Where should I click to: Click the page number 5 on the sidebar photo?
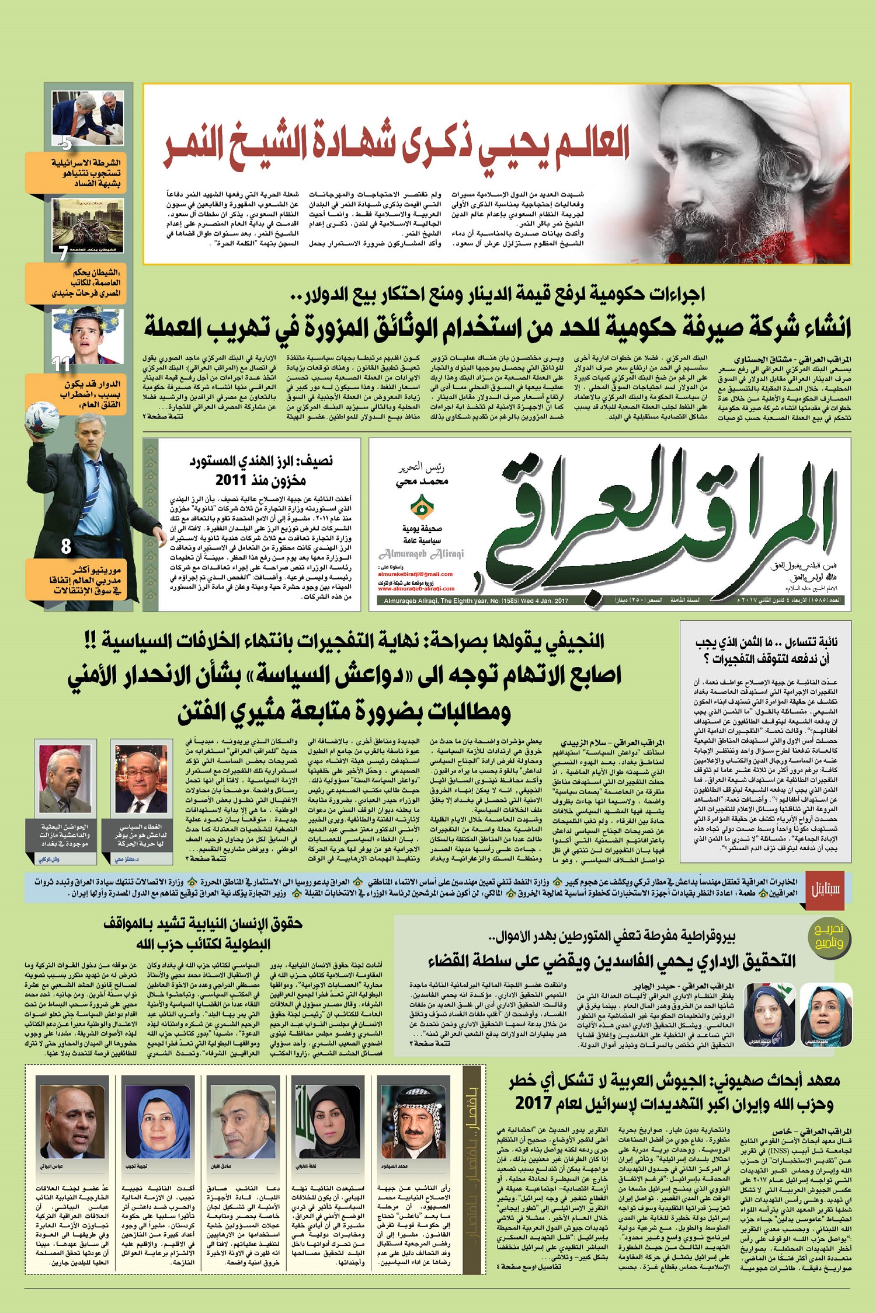click(66, 142)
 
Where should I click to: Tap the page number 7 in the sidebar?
click(63, 253)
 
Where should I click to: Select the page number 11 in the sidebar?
click(61, 364)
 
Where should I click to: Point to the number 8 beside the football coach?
click(66, 546)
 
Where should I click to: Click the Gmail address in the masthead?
click(416, 574)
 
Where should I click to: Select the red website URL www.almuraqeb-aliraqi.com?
click(416, 589)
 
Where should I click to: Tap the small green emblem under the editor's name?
click(422, 505)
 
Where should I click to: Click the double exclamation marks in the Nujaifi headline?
click(91, 641)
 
